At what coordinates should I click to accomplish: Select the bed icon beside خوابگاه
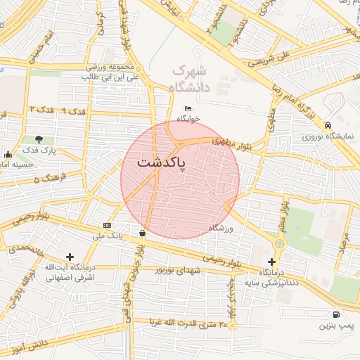pyautogui.click(x=188, y=108)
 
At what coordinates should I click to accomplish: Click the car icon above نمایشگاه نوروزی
pyautogui.click(x=328, y=124)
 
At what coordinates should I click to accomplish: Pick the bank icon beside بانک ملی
pyautogui.click(x=107, y=225)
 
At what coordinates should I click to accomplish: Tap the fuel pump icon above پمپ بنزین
pyautogui.click(x=336, y=314)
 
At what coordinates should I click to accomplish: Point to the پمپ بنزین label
pyautogui.click(x=335, y=326)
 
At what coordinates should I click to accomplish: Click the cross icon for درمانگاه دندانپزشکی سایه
pyautogui.click(x=272, y=262)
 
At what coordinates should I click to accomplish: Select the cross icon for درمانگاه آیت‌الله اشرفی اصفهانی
pyautogui.click(x=69, y=257)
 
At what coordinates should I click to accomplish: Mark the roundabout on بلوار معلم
pyautogui.click(x=280, y=243)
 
